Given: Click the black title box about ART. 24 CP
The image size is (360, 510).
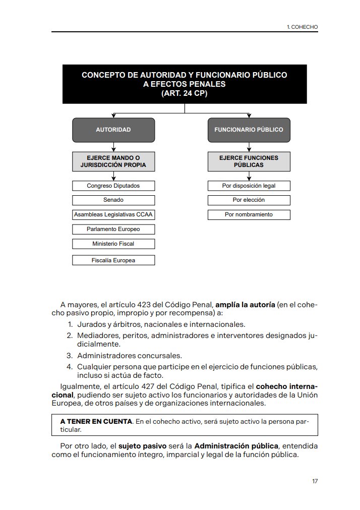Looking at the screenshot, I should coord(185,84).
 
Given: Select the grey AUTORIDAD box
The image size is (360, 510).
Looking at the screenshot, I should coord(113,130).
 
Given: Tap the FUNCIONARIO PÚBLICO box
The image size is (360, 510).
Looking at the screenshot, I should coord(249,130).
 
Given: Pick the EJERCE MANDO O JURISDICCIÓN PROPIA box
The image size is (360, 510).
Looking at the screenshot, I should coord(113,161).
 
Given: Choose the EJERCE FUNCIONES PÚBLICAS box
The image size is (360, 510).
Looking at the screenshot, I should coord(249,161).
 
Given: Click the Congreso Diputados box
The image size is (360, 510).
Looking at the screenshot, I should coord(113,186).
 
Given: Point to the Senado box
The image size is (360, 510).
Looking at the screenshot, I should coord(113,200).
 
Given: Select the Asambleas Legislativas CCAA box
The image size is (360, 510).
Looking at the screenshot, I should coord(113,215).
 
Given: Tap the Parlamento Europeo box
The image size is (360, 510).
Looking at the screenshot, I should coord(113,230).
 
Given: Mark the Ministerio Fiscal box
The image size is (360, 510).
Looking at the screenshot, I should coord(113,244).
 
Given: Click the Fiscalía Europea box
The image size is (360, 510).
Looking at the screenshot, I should coord(113,261).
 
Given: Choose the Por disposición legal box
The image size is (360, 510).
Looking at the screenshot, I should coord(249,186).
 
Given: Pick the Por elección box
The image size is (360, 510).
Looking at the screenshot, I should coord(249,200).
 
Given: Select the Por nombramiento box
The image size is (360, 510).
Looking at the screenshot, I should coord(249,215).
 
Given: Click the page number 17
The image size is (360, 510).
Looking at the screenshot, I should coord(315,481).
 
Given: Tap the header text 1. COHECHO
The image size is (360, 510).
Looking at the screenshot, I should coord(302,27).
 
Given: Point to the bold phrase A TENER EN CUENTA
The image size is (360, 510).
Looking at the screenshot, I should coord(96,421).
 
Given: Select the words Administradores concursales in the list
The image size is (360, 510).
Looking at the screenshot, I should coord(129,356).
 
